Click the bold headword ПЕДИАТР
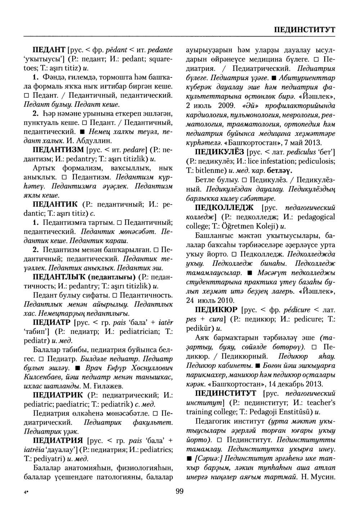tap(51, 322)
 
